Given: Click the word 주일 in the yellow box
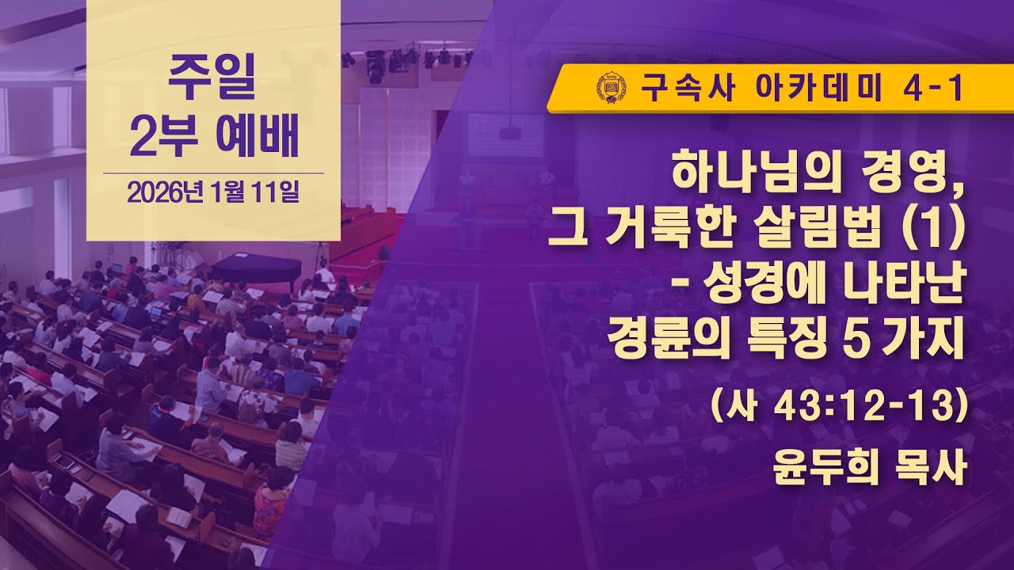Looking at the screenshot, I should click(212, 82).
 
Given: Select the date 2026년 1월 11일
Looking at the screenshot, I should click(212, 193).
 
